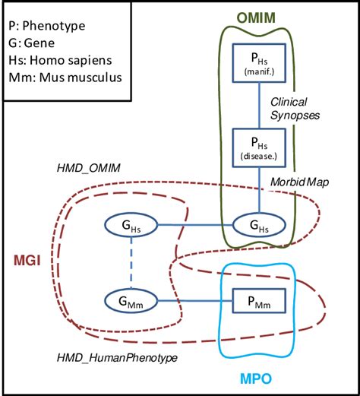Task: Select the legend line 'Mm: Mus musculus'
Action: coord(58,76)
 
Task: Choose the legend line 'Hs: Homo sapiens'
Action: coord(56,59)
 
